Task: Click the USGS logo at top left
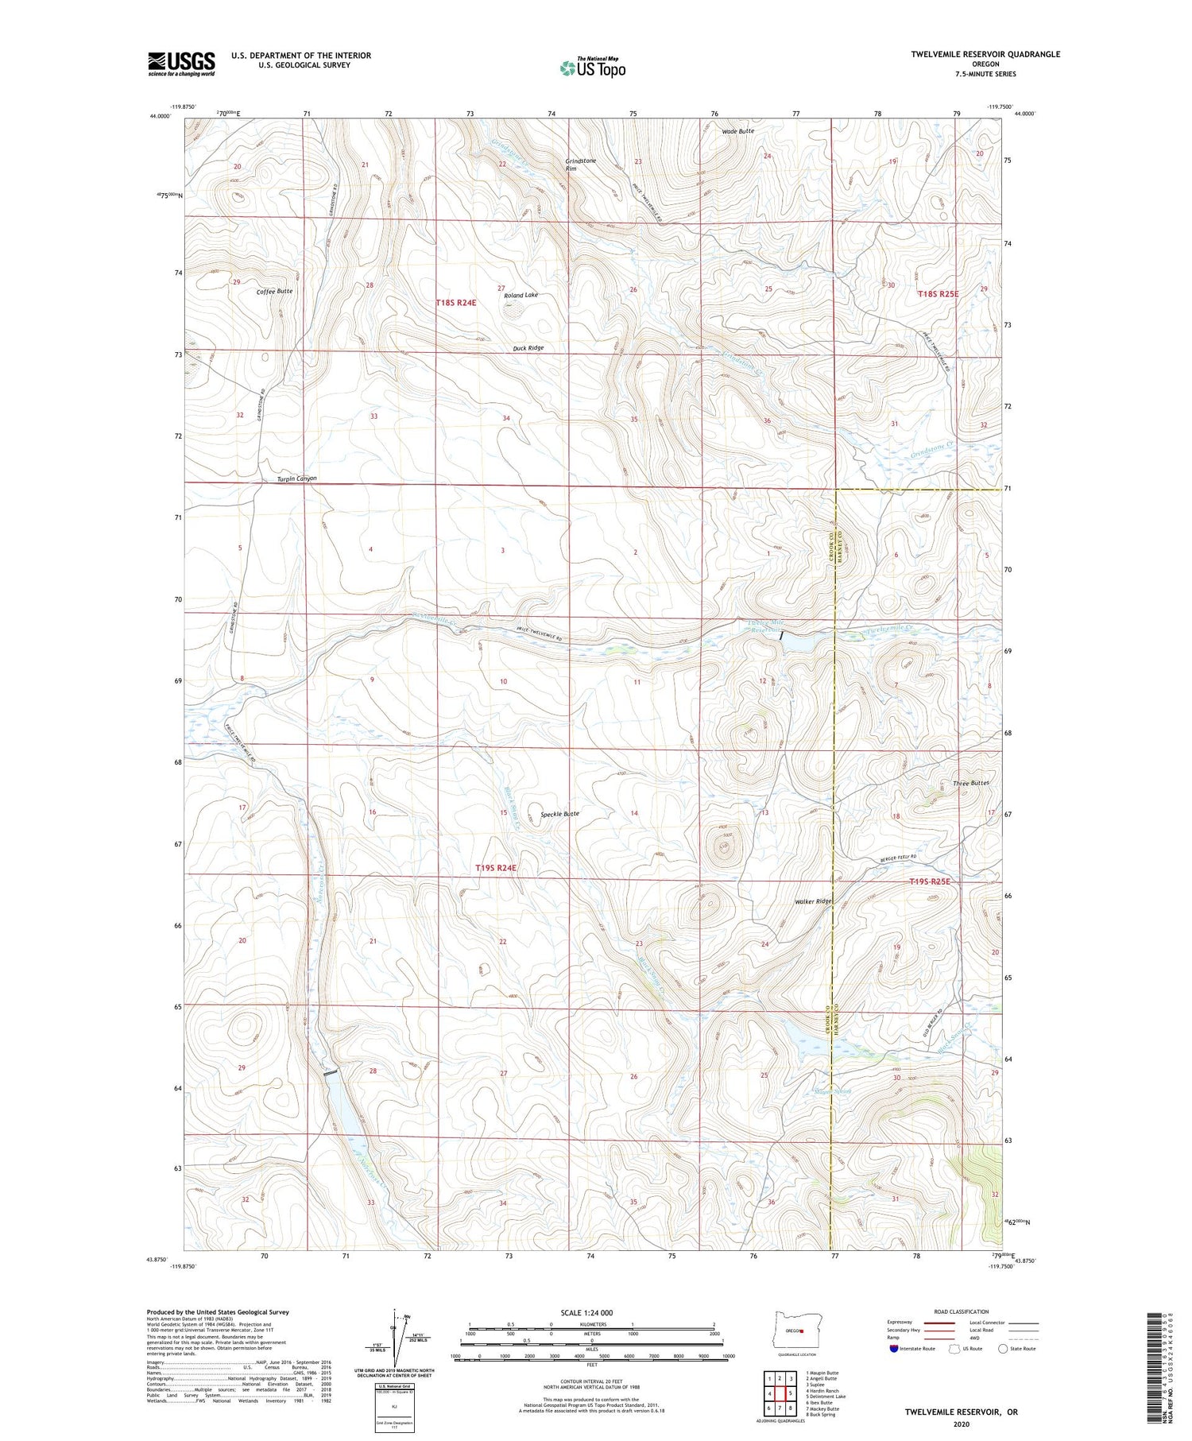tap(181, 64)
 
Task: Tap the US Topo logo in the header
tap(593, 68)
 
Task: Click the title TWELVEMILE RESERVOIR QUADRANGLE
tap(985, 54)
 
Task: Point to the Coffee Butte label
tap(274, 292)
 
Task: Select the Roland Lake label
tap(521, 295)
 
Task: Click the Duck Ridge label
tap(528, 348)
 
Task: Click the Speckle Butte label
tap(559, 815)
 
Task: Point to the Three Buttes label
tap(970, 783)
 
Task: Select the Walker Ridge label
tap(813, 901)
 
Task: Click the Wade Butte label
tap(738, 130)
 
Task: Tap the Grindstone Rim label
tap(580, 165)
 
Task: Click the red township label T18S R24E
tap(456, 303)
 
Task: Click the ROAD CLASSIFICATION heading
tap(961, 1311)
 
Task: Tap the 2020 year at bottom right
tap(960, 1424)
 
